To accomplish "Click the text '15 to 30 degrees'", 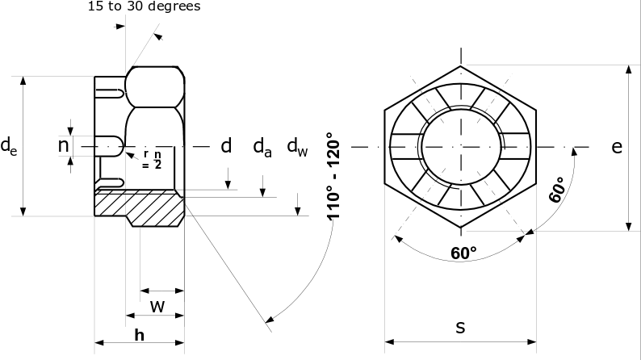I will (143, 6).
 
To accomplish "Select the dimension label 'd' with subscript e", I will (7, 146).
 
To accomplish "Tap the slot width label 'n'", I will (63, 145).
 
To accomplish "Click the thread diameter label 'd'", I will (226, 146).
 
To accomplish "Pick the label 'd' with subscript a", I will (262, 147).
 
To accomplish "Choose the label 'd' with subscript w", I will (297, 147).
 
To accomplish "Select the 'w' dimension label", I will (158, 307).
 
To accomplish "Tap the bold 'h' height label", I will (140, 334).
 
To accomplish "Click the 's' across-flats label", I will (460, 327).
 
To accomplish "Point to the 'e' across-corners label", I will (616, 147).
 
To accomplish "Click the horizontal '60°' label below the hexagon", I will (463, 253).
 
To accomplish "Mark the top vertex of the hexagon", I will (461, 65).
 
